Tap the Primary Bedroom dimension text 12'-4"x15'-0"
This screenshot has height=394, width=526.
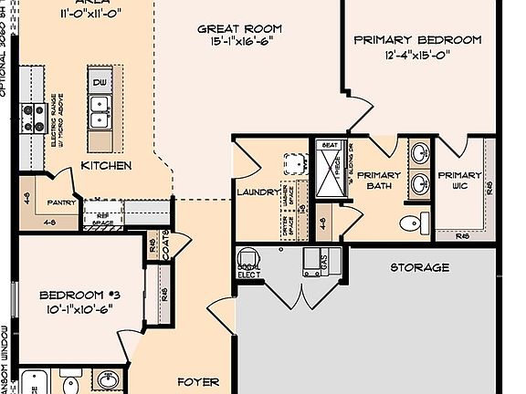417,57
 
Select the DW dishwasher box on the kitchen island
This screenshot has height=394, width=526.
100,83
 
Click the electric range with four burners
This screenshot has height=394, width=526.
34,118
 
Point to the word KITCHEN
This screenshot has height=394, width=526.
106,166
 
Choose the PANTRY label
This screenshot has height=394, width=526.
62,204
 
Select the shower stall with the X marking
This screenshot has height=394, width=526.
327,171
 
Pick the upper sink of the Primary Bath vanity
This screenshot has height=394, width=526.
419,153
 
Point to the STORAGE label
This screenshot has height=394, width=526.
420,268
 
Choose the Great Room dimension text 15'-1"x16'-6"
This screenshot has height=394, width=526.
236,42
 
